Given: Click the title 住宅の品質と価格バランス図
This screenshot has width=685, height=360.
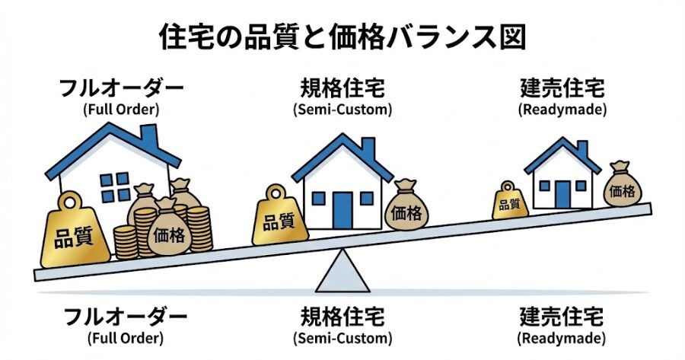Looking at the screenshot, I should (x=342, y=37).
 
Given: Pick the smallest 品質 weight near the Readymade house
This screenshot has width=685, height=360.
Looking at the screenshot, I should (x=509, y=202).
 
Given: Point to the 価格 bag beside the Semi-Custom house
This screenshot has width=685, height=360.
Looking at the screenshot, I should (x=406, y=211).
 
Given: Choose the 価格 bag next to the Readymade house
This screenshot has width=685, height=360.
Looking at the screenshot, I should (x=623, y=190).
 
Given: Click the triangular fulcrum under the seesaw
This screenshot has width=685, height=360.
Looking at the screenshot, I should (x=342, y=274).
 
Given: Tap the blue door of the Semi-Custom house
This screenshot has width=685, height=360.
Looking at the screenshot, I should (x=342, y=210).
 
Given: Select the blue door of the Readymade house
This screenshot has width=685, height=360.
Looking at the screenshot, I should (x=562, y=193).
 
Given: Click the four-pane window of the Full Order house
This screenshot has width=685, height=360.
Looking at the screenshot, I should (x=115, y=186).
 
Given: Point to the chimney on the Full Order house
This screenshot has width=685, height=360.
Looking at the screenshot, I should (x=150, y=137).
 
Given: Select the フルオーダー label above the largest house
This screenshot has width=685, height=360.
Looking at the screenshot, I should (x=122, y=88).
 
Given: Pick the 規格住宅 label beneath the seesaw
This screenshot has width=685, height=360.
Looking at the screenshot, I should (x=342, y=316).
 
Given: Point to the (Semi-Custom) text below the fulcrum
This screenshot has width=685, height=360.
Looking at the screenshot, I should (x=342, y=337).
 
